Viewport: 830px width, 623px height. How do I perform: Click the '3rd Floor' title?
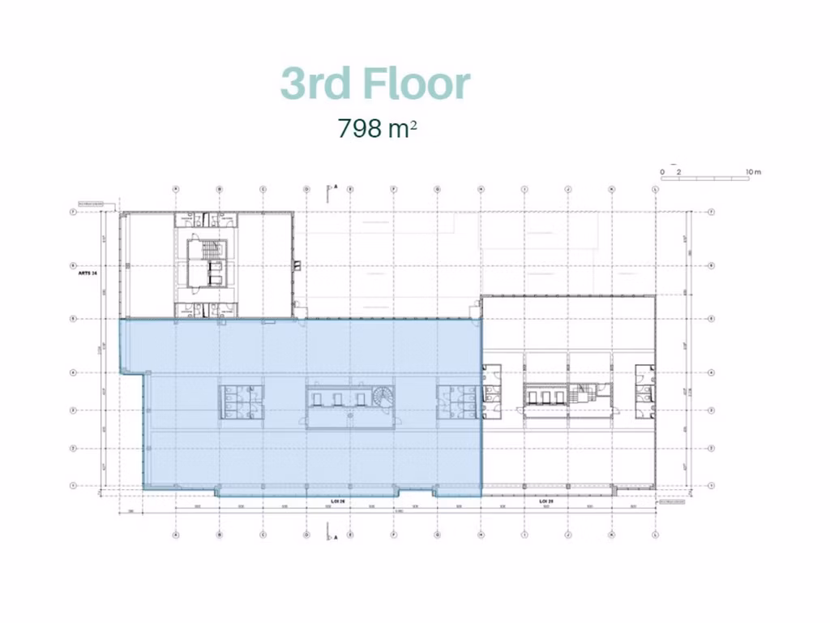(375, 84)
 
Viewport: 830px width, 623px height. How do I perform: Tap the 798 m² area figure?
(377, 128)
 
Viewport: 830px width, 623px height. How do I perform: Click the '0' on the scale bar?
(661, 172)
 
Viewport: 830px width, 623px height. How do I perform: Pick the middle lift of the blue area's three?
(338, 397)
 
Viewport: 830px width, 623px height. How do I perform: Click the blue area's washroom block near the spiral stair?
(458, 402)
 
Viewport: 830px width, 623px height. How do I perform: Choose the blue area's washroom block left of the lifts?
(242, 402)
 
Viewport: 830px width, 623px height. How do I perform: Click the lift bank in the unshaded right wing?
(545, 396)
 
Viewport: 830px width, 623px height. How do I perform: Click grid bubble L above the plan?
(655, 189)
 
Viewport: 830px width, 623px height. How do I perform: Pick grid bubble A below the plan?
(176, 535)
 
